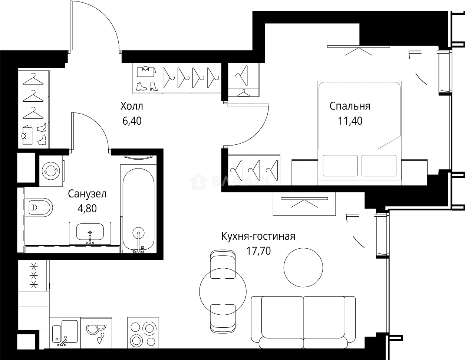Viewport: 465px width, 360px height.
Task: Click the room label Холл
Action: (132, 106)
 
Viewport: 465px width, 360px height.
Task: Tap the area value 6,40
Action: (132, 121)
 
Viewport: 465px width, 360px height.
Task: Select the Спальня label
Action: (350, 106)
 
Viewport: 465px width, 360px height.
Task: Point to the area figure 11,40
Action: (350, 121)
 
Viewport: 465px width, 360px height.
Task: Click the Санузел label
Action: (87, 194)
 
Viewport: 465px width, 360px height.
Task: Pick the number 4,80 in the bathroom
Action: (87, 208)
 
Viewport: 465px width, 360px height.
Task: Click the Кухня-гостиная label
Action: (258, 236)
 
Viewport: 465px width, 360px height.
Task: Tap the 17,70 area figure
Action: (258, 251)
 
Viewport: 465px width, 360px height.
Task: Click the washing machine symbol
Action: (51, 171)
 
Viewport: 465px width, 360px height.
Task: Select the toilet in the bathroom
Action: (39, 207)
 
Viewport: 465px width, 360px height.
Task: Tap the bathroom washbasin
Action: (90, 233)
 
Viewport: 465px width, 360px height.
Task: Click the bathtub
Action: (138, 209)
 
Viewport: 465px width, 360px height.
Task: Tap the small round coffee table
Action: (303, 268)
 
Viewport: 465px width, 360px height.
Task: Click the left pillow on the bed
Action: (340, 166)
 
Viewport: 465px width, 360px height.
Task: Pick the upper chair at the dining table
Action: (223, 264)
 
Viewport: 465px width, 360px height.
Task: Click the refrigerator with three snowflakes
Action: (34, 276)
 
